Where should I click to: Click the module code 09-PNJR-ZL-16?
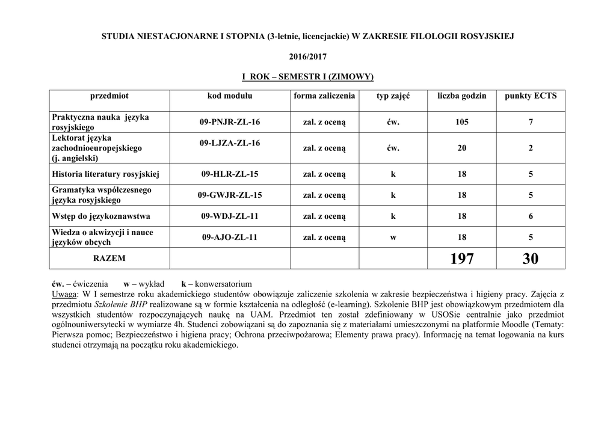tap(230, 122)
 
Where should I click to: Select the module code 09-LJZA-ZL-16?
tap(230, 143)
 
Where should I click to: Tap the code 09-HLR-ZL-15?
tap(230, 174)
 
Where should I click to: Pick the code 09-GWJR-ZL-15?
tap(230, 195)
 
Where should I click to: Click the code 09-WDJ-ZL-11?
tap(230, 216)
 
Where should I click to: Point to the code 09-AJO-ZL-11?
tap(230, 237)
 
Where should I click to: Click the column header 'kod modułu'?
tap(230, 96)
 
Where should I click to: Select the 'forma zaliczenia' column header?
tap(324, 96)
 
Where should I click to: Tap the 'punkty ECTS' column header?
tap(531, 96)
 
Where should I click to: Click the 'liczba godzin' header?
tap(462, 96)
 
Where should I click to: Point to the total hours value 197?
tap(462, 259)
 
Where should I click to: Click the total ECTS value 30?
tap(531, 259)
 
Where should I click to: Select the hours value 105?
tap(462, 122)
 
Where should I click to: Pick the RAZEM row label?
tap(109, 258)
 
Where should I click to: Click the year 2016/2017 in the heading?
tap(307, 56)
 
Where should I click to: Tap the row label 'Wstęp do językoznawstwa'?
tap(101, 216)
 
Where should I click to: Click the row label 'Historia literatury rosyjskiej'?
tap(105, 174)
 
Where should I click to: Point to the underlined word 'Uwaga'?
tap(64, 294)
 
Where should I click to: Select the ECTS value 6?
tap(531, 216)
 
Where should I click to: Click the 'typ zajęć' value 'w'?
tap(393, 237)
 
